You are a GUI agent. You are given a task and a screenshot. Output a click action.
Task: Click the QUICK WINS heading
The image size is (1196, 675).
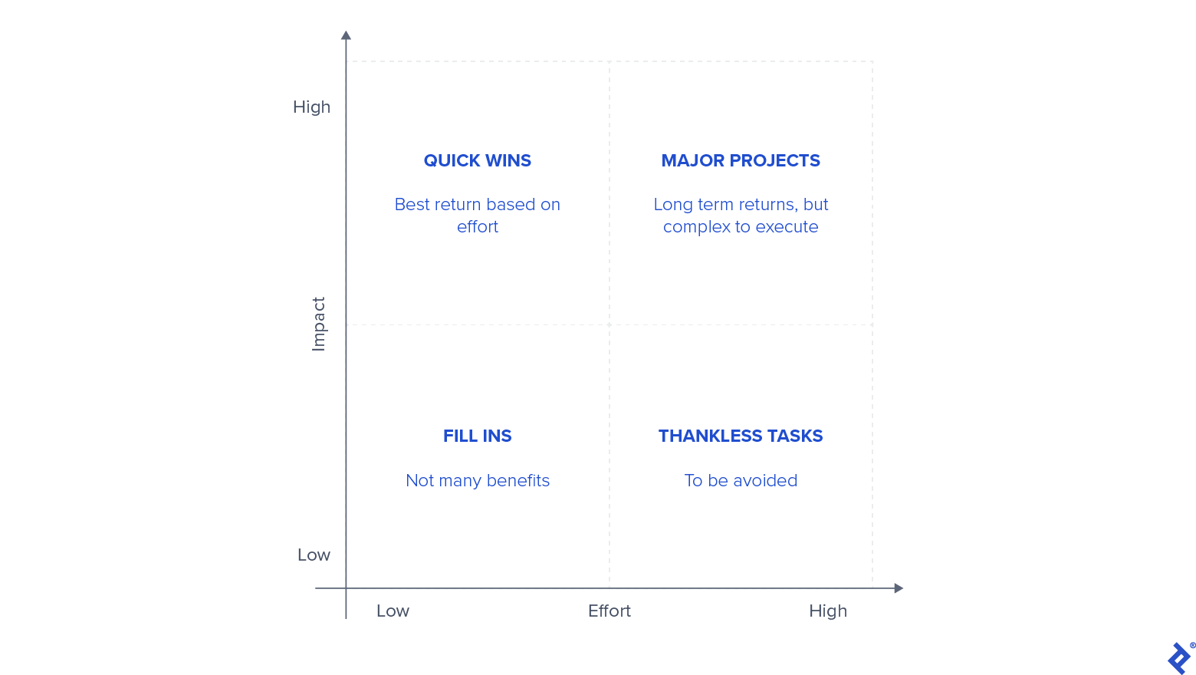tap(477, 160)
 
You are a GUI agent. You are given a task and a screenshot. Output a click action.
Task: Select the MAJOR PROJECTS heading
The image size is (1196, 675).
tap(741, 160)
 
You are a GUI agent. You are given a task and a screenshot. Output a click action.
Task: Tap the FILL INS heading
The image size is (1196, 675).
tap(477, 436)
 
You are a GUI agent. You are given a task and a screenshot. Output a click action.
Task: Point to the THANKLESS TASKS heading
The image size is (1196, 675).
tap(741, 436)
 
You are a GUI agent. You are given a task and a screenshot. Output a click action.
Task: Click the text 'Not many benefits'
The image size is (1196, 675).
tap(477, 480)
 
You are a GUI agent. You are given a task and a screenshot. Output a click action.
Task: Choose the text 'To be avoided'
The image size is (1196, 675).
tap(741, 480)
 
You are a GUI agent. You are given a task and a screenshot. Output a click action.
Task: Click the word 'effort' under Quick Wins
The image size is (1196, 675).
tap(477, 227)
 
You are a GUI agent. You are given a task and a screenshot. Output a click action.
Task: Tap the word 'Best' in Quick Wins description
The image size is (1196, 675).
tap(412, 205)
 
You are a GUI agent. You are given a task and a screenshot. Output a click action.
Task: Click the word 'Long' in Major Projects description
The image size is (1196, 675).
tap(673, 205)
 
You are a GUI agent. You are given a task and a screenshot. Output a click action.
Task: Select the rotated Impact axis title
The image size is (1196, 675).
tap(319, 324)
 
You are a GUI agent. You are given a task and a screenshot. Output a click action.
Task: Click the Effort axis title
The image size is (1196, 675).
tap(609, 611)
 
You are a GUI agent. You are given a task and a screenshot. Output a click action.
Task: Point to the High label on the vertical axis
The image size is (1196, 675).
tap(311, 107)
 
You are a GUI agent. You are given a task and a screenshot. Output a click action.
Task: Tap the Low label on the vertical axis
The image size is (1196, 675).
tap(314, 555)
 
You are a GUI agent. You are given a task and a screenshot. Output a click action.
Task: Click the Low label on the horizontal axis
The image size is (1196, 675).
tap(393, 611)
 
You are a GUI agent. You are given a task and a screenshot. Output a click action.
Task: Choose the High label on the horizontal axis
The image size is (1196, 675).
tap(828, 611)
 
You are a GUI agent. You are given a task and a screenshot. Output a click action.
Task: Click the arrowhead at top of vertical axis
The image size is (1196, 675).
tap(346, 35)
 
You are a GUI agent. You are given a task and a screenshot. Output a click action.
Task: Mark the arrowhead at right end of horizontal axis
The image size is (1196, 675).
tap(899, 588)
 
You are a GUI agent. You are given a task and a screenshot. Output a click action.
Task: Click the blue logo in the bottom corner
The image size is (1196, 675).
tap(1179, 658)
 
